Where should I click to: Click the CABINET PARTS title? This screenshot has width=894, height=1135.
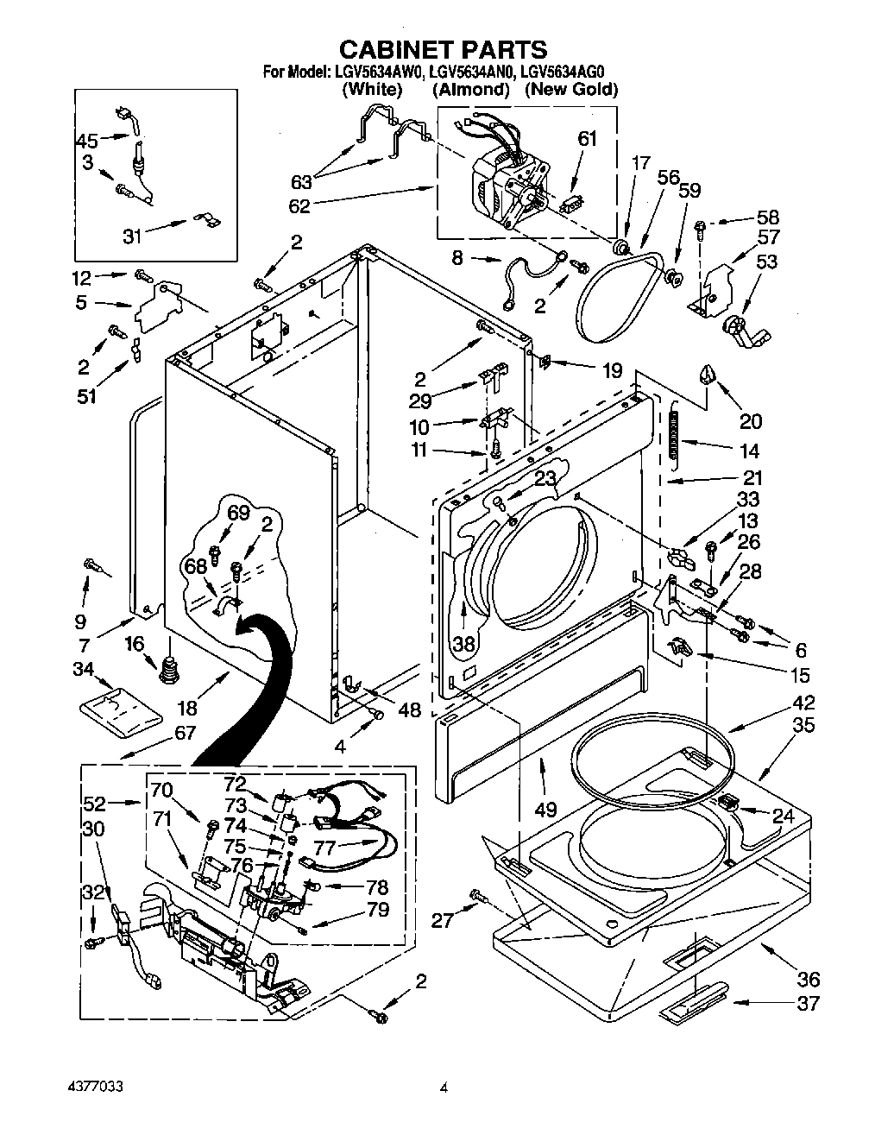point(441,48)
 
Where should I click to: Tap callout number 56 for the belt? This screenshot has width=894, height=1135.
point(669,176)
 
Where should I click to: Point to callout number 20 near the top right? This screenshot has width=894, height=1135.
point(751,421)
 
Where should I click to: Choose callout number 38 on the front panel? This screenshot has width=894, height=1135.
point(464,643)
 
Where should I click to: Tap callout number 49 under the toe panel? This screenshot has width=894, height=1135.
point(545,809)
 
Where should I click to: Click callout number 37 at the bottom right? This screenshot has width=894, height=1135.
point(809,1003)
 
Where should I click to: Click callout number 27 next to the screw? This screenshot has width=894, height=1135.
point(441,920)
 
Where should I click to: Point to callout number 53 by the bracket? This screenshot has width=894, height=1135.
point(765,262)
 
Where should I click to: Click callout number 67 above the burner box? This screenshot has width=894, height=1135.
point(185,733)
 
